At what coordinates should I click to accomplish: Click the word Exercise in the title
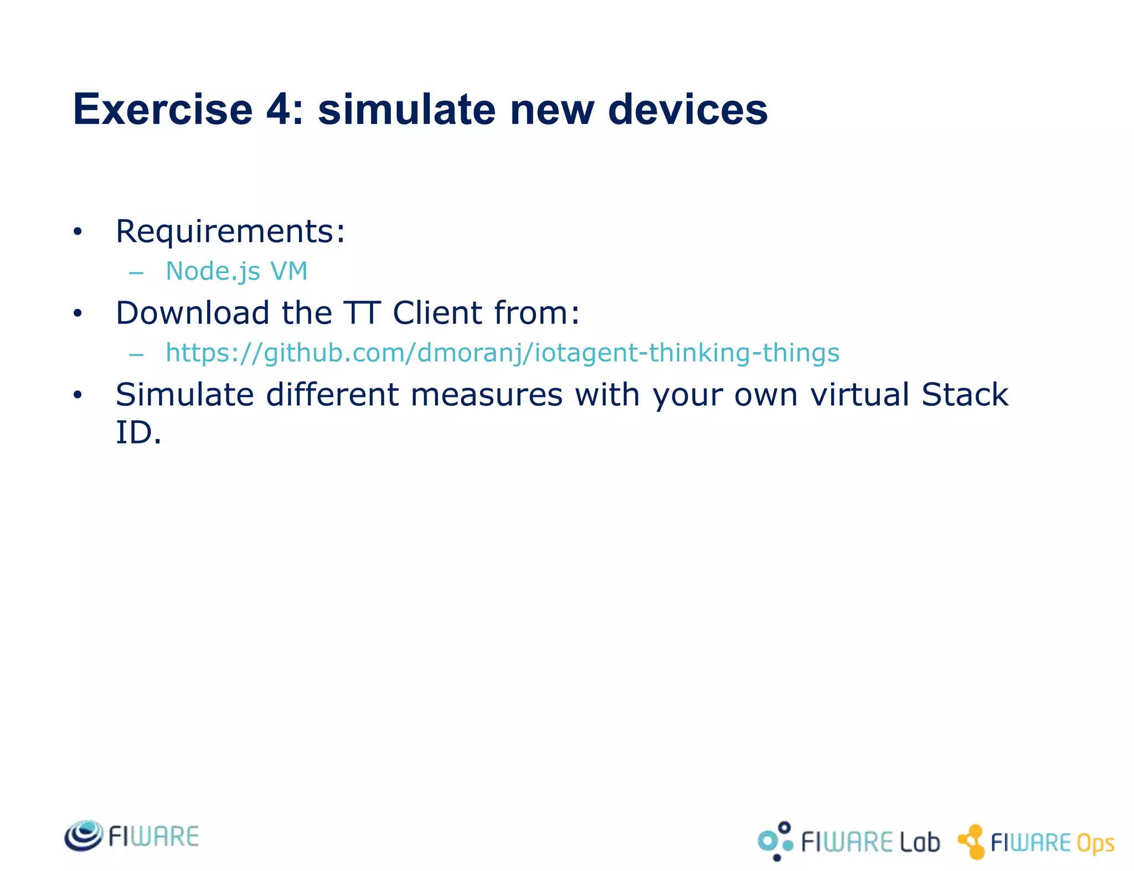coord(163,110)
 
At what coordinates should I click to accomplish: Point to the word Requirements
coord(230,231)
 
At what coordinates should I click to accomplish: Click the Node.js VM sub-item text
coord(236,271)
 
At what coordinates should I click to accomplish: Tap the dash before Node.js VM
coord(136,273)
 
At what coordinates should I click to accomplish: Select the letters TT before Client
coord(361,313)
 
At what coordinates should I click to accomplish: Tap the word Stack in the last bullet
coord(965,395)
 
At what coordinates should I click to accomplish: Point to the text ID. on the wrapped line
coord(138,432)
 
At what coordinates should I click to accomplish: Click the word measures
coord(486,395)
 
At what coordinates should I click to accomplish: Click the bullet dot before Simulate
coord(78,395)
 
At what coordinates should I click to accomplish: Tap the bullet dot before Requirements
coord(78,231)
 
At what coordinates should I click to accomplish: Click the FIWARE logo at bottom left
coord(132,836)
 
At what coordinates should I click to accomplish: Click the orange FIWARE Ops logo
coord(1035,842)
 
